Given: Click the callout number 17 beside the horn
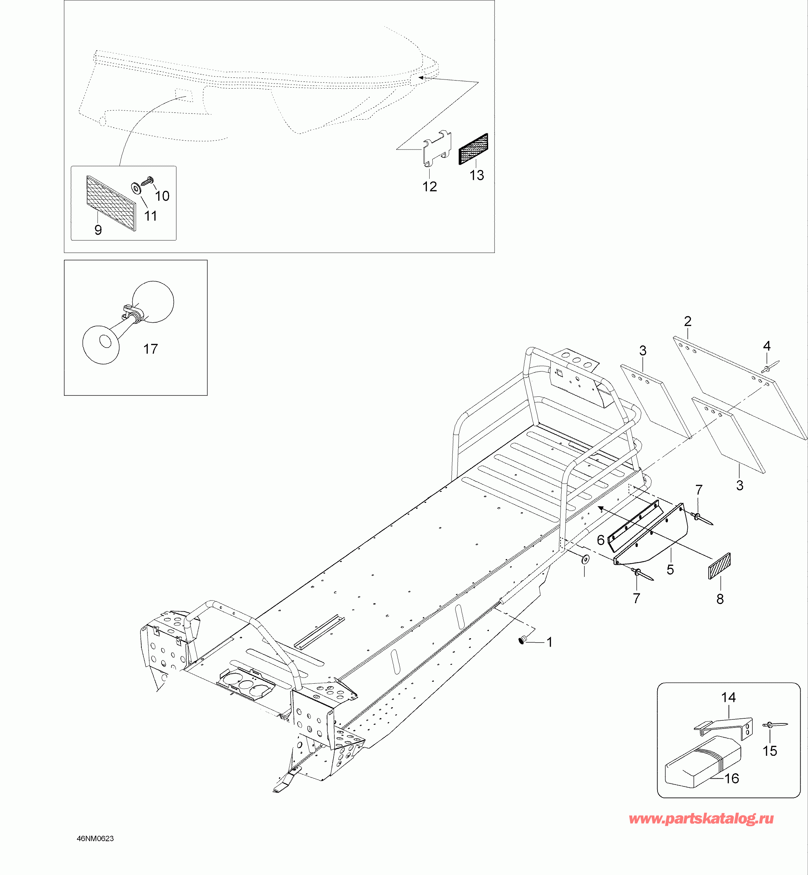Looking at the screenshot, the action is point(150,349).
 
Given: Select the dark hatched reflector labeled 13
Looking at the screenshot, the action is point(473,149).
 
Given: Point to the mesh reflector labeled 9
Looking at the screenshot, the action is point(111,203).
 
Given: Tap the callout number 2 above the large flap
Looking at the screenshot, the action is point(688,321).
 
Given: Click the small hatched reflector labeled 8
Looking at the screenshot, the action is point(719,566).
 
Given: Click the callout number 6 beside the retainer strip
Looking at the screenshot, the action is point(601,540).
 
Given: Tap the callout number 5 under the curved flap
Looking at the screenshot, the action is point(670,569).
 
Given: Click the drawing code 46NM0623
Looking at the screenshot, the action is point(95,838).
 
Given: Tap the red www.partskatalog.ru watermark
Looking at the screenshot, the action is point(701,819).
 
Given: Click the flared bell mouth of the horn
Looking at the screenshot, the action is point(101,345).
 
